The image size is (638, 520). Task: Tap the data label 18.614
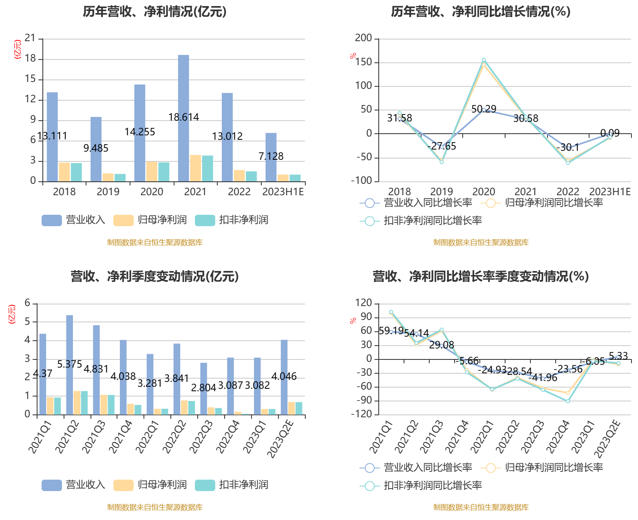point(184,117)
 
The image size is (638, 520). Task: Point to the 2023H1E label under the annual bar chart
point(283,192)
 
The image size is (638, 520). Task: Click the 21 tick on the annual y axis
point(31,38)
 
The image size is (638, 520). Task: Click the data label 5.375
point(70,364)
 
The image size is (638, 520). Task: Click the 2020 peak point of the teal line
point(484,60)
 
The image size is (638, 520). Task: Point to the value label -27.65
point(442,146)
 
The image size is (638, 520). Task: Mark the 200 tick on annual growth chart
point(364,38)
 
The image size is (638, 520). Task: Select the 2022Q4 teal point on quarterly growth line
point(568,401)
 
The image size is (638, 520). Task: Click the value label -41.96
point(543,378)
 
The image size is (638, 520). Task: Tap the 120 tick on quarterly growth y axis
point(364,303)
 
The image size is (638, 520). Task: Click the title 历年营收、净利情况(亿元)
point(155,11)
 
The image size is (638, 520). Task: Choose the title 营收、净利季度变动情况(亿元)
point(155,276)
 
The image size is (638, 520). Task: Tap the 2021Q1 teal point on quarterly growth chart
point(391,312)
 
